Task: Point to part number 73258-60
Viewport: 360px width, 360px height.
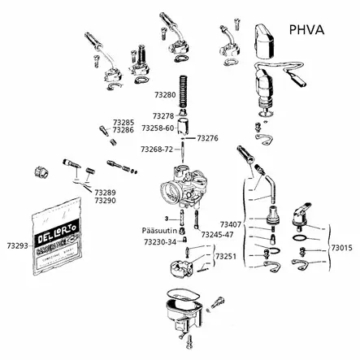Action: [157, 128]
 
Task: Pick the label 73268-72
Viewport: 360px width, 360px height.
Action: [157, 150]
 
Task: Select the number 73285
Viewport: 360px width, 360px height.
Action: [123, 122]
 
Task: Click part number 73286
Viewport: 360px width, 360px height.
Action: [123, 130]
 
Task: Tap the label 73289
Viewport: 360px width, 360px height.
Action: [104, 193]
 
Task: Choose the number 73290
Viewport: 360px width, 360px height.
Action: [104, 201]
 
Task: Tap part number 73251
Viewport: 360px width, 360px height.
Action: [226, 256]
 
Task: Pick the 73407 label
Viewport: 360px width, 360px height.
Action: [231, 223]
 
